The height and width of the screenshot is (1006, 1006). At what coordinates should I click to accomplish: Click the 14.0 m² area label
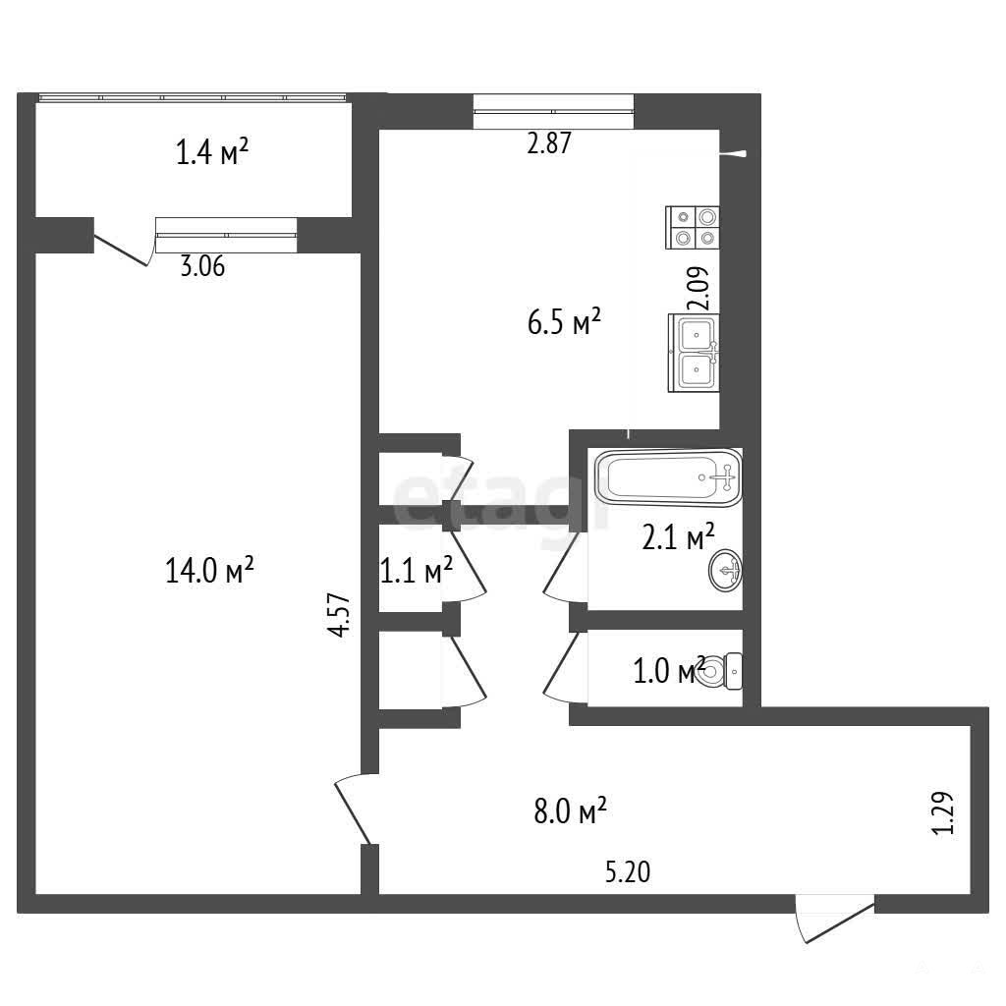210,570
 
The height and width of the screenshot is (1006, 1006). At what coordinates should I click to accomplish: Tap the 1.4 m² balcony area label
212,152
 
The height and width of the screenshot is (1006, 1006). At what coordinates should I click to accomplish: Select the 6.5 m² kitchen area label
564,321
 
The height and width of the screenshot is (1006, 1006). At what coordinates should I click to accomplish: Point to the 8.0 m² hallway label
571,810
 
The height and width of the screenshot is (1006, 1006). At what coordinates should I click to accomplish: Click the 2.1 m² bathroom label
678,537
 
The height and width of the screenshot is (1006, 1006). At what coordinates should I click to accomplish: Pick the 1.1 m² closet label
417,570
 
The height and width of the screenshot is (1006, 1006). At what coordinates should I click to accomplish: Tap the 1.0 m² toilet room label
669,671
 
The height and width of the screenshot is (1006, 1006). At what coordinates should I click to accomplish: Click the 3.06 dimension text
202,265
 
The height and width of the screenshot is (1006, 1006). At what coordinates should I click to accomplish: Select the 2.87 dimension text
548,143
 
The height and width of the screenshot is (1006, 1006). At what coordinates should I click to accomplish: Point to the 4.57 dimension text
339,615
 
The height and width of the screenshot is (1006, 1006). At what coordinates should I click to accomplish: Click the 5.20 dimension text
628,872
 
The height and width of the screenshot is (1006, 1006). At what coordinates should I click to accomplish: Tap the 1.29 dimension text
943,813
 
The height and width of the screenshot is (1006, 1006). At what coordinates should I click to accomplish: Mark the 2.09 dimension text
699,289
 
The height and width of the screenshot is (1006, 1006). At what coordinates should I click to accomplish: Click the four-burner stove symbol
693,227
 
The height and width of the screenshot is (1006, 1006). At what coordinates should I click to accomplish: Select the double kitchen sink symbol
694,353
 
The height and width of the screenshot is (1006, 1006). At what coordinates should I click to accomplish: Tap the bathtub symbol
668,478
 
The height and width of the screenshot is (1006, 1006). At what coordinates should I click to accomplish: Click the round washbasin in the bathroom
726,569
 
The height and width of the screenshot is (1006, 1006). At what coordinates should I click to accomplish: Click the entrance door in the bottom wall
835,919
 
